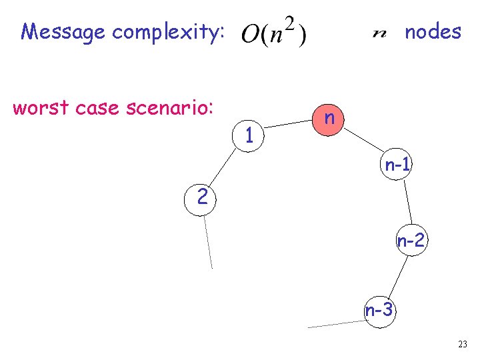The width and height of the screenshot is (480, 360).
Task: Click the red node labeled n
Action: (329, 118)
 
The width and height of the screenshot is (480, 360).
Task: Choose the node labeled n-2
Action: (411, 241)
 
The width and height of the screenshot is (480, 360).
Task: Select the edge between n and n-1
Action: (364, 142)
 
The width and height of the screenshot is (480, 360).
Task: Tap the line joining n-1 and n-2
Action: (406, 203)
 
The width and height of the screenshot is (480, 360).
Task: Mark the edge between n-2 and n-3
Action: (397, 274)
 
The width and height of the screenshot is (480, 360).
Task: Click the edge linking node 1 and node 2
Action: (222, 165)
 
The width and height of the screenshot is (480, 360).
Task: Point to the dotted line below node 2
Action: (208, 241)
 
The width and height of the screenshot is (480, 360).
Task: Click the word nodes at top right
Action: (433, 31)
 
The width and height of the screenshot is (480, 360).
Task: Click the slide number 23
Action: (463, 344)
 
